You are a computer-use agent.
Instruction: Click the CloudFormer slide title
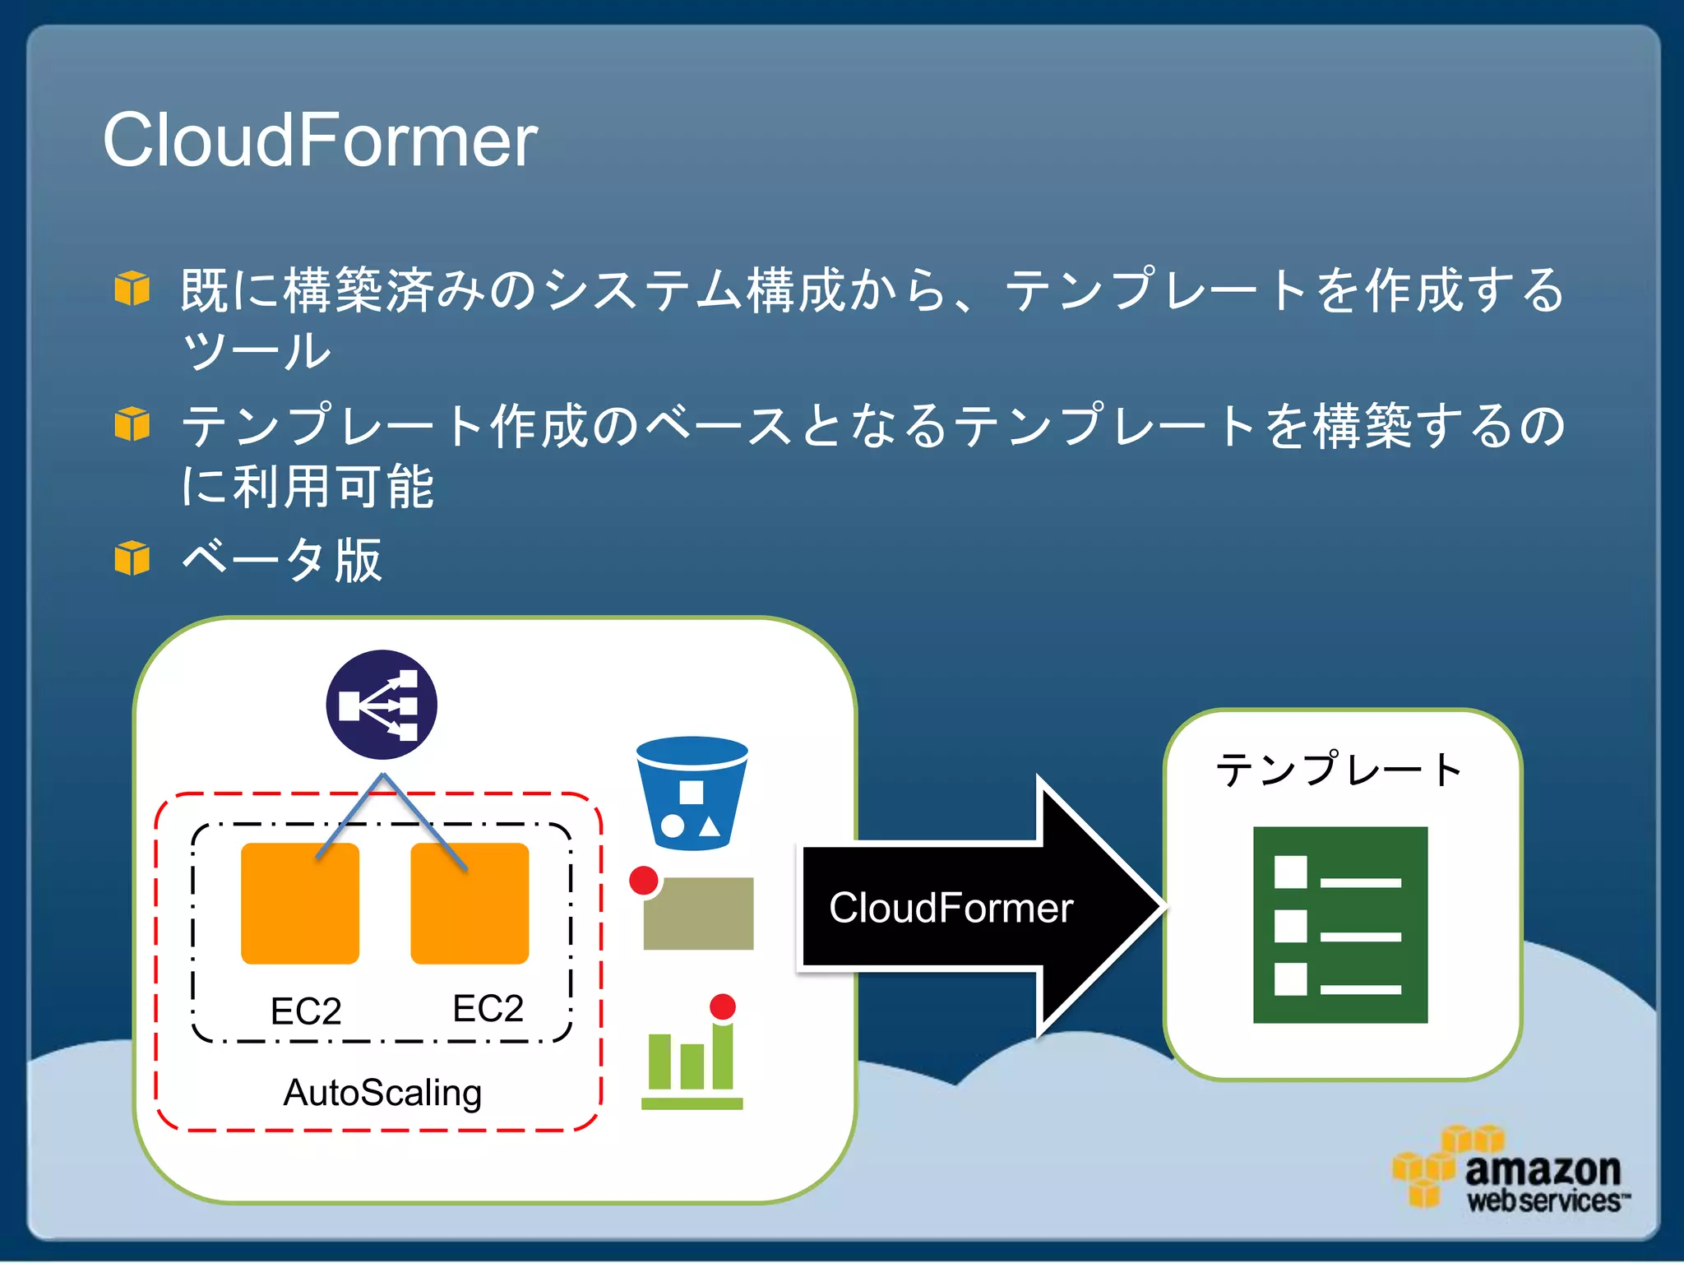(x=319, y=141)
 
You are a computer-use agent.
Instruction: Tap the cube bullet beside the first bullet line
(x=132, y=288)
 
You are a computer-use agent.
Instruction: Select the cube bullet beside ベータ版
(x=132, y=558)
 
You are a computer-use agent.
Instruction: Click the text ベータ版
(x=281, y=561)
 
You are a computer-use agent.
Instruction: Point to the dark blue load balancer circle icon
(x=381, y=705)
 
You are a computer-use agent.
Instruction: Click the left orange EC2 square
(x=300, y=903)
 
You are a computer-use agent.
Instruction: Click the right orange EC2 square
(x=470, y=903)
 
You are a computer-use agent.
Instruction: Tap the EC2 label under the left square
(x=305, y=1011)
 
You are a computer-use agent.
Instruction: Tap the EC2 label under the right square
(x=488, y=1008)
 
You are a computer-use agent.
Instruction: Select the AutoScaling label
(x=382, y=1093)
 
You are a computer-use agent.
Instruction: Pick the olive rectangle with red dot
(x=699, y=914)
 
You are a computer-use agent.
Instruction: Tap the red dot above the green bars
(x=722, y=1006)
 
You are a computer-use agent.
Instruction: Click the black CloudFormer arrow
(x=978, y=908)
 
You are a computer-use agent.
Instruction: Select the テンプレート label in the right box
(x=1340, y=770)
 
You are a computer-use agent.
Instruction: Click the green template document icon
(x=1340, y=924)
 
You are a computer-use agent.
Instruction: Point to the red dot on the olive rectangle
(x=644, y=881)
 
